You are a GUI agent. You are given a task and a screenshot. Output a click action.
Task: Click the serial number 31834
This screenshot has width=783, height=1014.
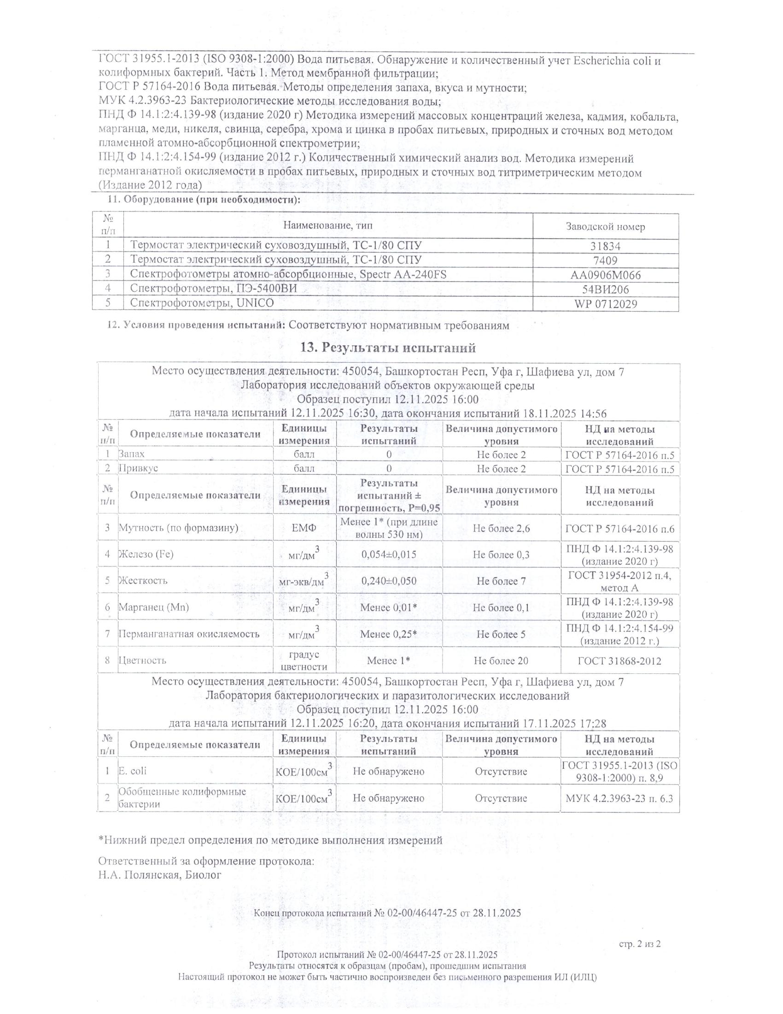click(605, 246)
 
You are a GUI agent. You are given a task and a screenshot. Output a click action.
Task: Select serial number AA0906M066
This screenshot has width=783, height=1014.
click(605, 275)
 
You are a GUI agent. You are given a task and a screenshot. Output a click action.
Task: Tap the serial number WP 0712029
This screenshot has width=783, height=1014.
click(605, 304)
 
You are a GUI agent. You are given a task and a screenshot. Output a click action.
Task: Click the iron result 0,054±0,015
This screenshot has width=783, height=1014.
click(389, 554)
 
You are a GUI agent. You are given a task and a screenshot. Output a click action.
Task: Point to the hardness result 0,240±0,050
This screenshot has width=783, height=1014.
click(389, 581)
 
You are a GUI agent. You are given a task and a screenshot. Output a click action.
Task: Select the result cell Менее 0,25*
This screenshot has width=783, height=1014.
click(389, 634)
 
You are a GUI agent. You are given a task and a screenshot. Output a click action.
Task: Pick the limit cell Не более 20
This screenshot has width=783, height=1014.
click(501, 660)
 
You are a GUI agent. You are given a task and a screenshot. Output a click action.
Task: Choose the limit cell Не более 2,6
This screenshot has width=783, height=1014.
click(501, 528)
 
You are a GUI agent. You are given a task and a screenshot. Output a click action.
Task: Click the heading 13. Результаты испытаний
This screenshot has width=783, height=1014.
click(388, 347)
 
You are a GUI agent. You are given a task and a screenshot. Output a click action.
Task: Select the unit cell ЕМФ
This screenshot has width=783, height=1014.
click(304, 528)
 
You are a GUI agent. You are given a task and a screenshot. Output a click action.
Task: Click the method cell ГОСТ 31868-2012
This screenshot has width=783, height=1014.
click(619, 660)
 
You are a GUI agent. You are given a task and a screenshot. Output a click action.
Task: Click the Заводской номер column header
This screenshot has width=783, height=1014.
click(605, 227)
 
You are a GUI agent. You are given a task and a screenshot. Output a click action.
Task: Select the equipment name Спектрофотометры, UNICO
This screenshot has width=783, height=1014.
click(202, 303)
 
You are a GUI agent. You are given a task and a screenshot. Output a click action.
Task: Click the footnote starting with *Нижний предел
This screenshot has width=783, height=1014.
click(270, 840)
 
